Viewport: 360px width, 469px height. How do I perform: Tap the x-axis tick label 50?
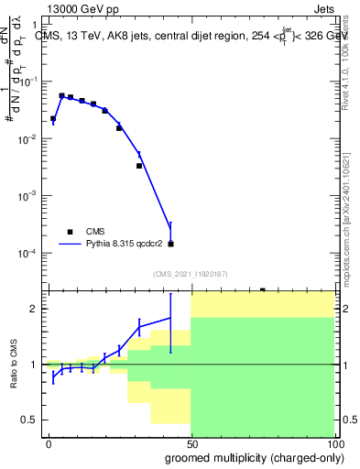[x=191, y=442]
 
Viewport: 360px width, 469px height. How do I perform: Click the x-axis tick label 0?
[x=49, y=442]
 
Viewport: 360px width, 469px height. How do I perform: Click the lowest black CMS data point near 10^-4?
[x=171, y=244]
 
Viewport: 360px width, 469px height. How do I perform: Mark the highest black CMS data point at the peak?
[x=61, y=95]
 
